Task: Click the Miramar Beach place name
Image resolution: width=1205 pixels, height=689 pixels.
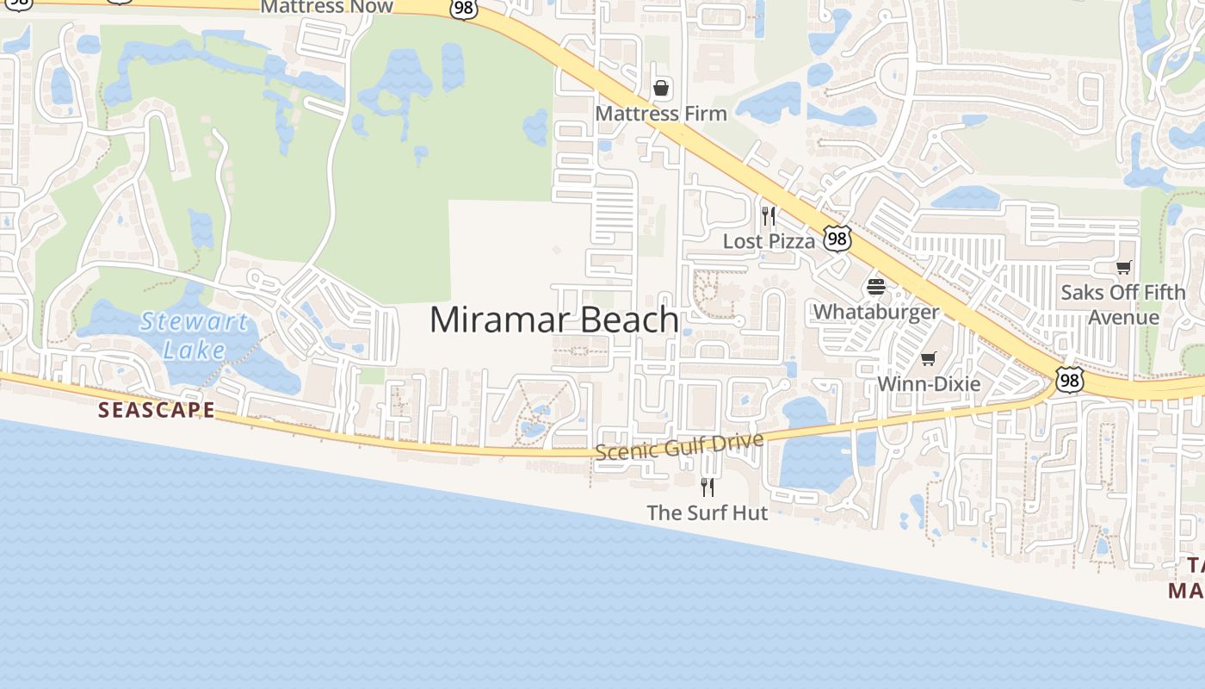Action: (x=554, y=320)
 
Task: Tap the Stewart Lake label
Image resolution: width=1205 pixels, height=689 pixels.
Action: (x=195, y=336)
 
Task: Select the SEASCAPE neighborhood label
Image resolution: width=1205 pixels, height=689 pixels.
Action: (x=156, y=409)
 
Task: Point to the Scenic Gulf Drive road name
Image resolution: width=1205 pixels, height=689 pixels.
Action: (x=679, y=446)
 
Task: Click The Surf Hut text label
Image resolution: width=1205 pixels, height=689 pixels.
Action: (x=707, y=512)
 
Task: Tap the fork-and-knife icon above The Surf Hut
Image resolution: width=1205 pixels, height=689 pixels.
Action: (x=708, y=487)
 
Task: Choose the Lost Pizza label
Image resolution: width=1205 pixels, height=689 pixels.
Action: (x=769, y=241)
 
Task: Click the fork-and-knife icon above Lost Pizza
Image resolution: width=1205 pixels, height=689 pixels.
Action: (x=769, y=216)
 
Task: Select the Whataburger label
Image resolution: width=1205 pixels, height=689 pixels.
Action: (x=876, y=311)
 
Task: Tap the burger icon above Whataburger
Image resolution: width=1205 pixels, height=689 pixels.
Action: (x=876, y=287)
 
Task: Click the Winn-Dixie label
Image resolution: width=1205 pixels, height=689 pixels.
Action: (x=929, y=383)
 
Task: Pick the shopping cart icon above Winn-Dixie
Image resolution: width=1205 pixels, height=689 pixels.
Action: (x=928, y=358)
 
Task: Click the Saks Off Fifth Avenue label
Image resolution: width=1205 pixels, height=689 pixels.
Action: (x=1122, y=304)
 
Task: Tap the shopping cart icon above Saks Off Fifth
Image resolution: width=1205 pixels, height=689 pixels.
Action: (x=1123, y=268)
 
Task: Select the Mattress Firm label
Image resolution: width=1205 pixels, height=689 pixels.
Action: (x=661, y=113)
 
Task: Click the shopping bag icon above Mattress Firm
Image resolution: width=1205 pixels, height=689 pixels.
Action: (x=661, y=88)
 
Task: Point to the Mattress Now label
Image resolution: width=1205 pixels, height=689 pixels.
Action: (x=326, y=7)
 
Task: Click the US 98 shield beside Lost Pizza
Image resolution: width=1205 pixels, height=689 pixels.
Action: (x=837, y=239)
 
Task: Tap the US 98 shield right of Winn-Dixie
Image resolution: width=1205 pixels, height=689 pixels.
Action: (x=1070, y=379)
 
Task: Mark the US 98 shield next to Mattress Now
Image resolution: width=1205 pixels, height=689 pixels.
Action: (x=463, y=9)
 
